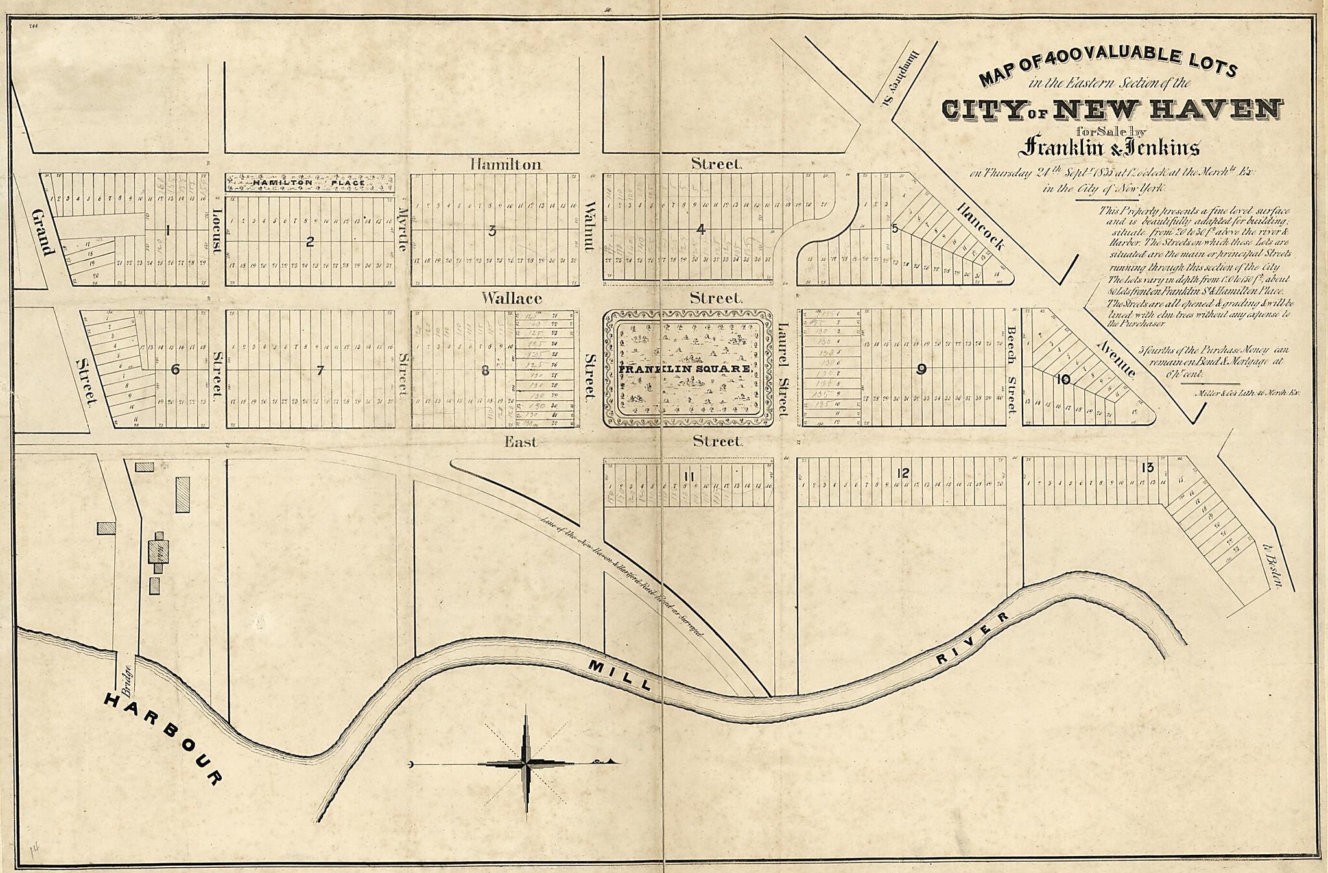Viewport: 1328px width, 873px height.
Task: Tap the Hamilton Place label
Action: (309, 184)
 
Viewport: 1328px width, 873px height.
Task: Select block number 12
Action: (903, 473)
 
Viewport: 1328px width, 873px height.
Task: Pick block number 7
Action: (320, 370)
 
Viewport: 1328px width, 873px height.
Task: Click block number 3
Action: (492, 230)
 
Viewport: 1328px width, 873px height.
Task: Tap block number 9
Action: (921, 370)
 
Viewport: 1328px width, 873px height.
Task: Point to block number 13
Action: (1148, 467)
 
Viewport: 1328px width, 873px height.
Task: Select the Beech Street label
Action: (1011, 368)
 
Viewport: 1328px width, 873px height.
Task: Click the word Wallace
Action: (512, 298)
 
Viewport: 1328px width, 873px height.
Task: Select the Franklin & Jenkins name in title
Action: (1109, 148)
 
